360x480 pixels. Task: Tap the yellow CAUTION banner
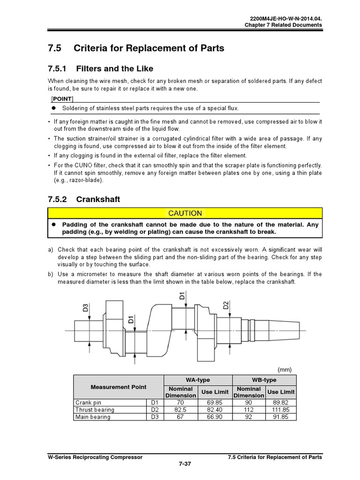(185, 213)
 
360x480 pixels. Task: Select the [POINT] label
(61, 98)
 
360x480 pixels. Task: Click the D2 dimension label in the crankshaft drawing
(226, 305)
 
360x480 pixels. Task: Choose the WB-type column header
(264, 380)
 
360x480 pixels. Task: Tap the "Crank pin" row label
(88, 402)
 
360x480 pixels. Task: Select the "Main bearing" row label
(93, 417)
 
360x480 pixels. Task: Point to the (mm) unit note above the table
(285, 369)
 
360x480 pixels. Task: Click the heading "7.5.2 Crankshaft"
(84, 199)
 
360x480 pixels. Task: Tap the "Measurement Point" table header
(118, 387)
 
